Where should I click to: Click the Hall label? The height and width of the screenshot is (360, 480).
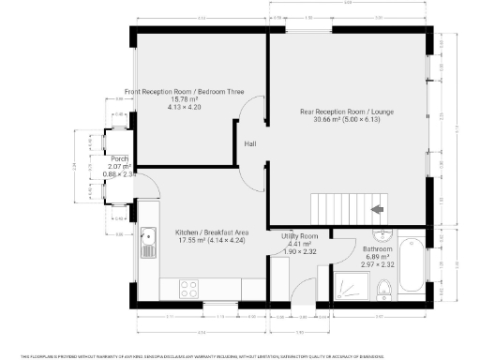click(x=250, y=144)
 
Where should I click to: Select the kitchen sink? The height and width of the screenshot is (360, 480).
click(x=147, y=243)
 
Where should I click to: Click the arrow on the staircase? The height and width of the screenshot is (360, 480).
click(x=379, y=209)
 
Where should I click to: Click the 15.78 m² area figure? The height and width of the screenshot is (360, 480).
click(x=185, y=100)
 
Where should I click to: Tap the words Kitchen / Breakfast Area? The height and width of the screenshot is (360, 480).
click(x=212, y=232)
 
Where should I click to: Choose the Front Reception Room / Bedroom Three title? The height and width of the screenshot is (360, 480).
click(x=185, y=92)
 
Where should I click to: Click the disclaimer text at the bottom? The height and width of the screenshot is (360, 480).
click(x=240, y=356)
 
